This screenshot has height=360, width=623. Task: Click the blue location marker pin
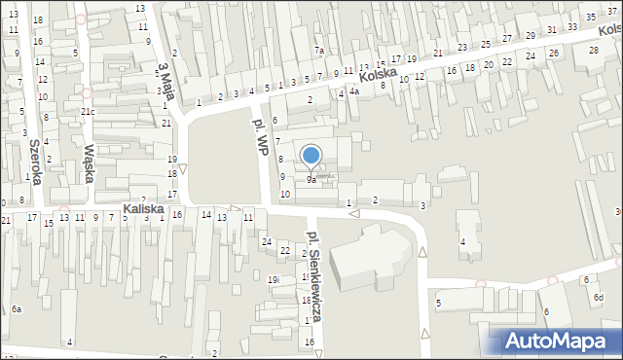click(311, 157)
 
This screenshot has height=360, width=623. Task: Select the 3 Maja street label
click(165, 79)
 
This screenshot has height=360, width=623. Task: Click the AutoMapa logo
click(562, 340)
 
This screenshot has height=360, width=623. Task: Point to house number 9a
click(311, 180)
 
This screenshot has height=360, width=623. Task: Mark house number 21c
click(88, 112)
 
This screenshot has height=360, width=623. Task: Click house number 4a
click(355, 92)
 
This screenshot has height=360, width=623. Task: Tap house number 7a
click(318, 50)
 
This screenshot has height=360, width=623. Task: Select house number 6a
click(17, 308)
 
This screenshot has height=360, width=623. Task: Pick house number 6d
click(599, 296)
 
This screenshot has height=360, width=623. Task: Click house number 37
click(611, 11)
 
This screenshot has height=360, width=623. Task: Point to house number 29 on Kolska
click(530, 36)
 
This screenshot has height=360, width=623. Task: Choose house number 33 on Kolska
click(573, 26)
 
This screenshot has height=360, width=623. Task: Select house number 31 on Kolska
click(552, 30)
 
